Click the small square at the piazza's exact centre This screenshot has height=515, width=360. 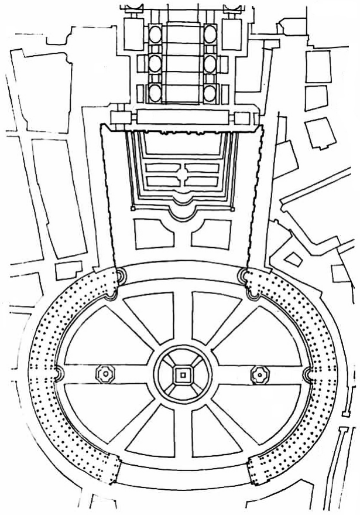(x=183, y=373)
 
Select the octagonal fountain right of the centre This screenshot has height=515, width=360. (x=258, y=373)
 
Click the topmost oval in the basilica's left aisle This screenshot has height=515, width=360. (x=155, y=34)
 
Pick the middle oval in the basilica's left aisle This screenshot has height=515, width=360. (x=155, y=63)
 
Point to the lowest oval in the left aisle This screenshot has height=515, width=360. (x=155, y=91)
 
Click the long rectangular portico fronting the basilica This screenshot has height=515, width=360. (x=183, y=118)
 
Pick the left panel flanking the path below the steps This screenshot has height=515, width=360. (x=153, y=233)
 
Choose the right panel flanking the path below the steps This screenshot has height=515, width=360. (x=212, y=233)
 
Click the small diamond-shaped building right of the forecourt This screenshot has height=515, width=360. (x=293, y=258)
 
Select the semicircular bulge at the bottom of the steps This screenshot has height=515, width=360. (x=183, y=203)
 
